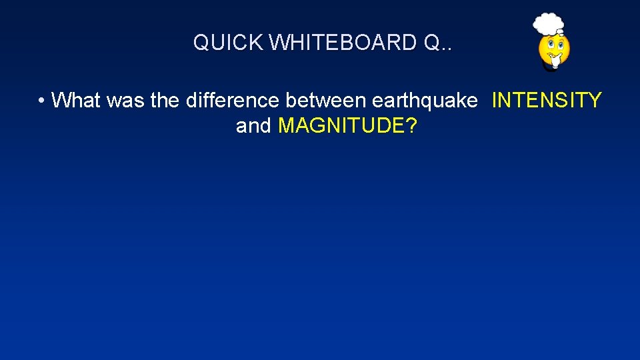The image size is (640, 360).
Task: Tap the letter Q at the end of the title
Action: tap(431, 43)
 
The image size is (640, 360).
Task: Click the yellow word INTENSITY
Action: tap(547, 101)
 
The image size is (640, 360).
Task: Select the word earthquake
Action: tap(425, 101)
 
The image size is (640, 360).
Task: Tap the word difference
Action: tap(233, 101)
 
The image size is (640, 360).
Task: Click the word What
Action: tap(75, 101)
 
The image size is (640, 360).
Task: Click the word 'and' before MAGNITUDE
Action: tap(253, 125)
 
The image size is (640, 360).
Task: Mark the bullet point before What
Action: tap(42, 101)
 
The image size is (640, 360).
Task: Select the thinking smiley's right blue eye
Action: tap(560, 45)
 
